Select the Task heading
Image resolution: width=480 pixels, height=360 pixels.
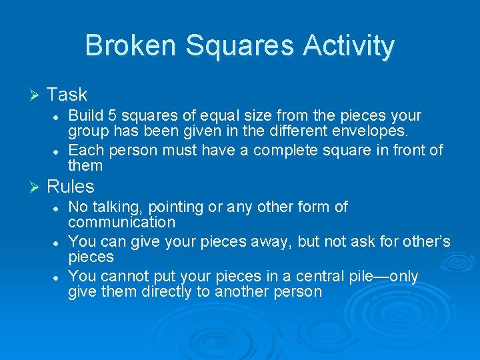pos(67,95)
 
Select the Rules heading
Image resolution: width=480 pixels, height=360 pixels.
pos(70,186)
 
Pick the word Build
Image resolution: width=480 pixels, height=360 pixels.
pos(85,115)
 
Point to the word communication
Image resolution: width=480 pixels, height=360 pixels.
pos(121,222)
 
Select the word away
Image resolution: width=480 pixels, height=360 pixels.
pos(271,241)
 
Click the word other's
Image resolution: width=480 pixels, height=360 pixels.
pos(424,241)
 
